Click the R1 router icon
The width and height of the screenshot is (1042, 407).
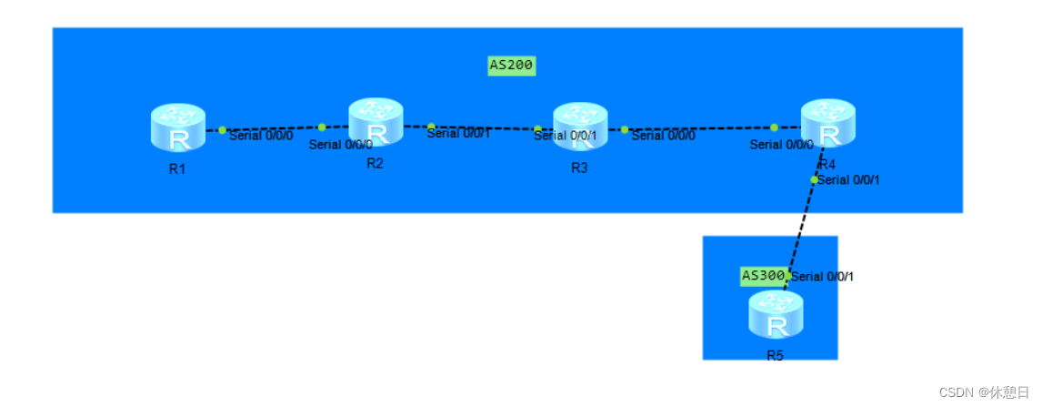click(x=178, y=127)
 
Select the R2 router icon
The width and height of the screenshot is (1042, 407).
click(x=376, y=122)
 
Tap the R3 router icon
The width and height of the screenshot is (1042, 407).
click(x=580, y=127)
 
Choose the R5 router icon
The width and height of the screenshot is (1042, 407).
click(x=776, y=315)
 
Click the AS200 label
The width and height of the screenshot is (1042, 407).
click(x=511, y=66)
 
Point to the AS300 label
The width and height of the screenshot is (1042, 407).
click(x=762, y=275)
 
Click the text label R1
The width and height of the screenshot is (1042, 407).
click(x=177, y=168)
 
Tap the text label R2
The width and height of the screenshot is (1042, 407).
click(x=375, y=163)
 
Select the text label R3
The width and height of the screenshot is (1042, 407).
click(x=579, y=168)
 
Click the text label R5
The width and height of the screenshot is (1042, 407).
click(x=775, y=355)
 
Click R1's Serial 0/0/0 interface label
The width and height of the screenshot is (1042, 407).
click(x=261, y=136)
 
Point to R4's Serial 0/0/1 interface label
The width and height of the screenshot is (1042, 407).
click(x=848, y=180)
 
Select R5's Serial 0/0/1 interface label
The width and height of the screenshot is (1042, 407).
click(x=823, y=277)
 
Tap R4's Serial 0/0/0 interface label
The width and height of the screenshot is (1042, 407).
click(x=781, y=144)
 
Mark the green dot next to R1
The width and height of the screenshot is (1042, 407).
click(x=222, y=129)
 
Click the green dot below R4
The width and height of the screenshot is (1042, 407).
click(x=815, y=179)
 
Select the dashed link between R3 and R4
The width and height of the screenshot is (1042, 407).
click(x=700, y=128)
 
